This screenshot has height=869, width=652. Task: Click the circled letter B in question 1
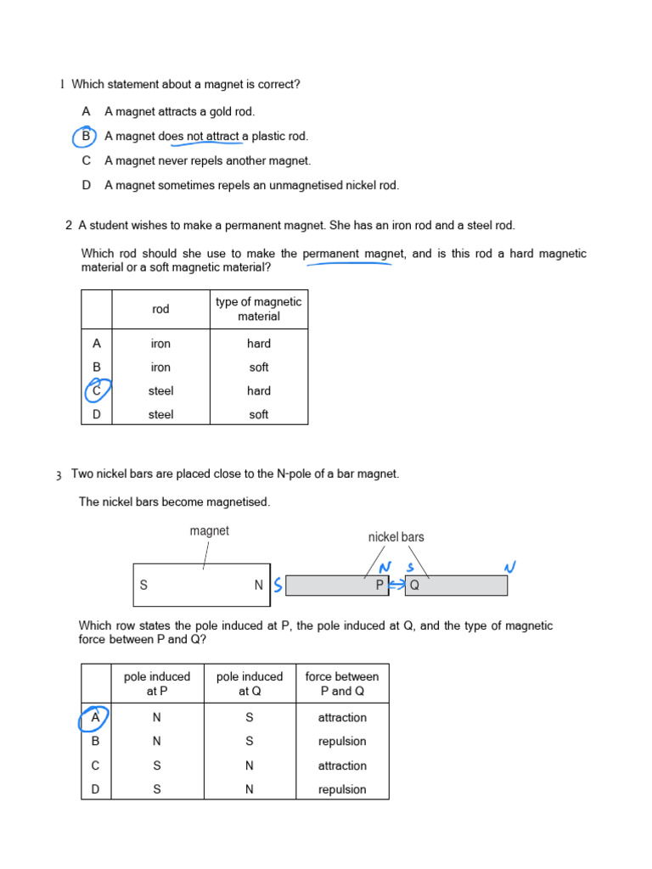point(85,136)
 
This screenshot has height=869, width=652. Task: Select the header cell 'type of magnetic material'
point(259,309)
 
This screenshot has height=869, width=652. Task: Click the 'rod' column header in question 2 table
point(160,309)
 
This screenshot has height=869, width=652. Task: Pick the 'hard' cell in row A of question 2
point(259,344)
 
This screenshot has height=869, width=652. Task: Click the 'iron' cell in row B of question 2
point(160,367)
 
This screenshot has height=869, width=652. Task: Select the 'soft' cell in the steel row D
point(259,415)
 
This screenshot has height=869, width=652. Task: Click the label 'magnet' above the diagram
point(209,531)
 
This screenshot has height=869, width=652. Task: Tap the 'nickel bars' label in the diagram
point(396,537)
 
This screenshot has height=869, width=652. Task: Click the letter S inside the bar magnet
point(143,586)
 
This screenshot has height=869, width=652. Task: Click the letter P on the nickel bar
point(379,586)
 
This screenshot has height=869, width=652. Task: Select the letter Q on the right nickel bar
point(414,586)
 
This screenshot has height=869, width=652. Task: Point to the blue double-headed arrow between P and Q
point(396,586)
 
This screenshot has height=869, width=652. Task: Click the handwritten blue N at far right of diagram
point(509,567)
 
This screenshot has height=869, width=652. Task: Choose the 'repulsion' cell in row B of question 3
point(342,742)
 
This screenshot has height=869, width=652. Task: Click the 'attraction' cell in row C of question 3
point(342,765)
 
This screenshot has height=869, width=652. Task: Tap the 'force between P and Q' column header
point(342,684)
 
